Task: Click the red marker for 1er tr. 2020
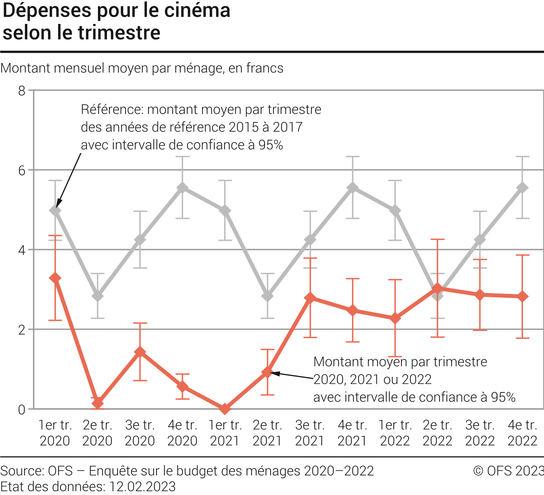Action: tap(55, 278)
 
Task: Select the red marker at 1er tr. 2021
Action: tap(225, 408)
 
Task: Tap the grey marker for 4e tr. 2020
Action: tap(183, 187)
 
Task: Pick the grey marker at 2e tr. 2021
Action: tap(268, 296)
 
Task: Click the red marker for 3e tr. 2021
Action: tap(310, 298)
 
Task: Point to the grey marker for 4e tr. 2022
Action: tap(522, 187)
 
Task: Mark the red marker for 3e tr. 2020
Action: tap(140, 352)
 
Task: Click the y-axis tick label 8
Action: tap(22, 91)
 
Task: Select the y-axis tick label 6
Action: tap(22, 170)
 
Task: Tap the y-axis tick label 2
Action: tap(22, 329)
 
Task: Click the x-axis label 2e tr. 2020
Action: tap(97, 433)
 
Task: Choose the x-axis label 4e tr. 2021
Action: tap(353, 433)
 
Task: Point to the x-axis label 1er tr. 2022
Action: tap(395, 433)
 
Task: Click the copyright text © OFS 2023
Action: tap(508, 471)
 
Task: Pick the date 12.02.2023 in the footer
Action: tap(142, 486)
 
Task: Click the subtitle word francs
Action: tap(266, 68)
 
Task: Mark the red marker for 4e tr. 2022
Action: tap(522, 296)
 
